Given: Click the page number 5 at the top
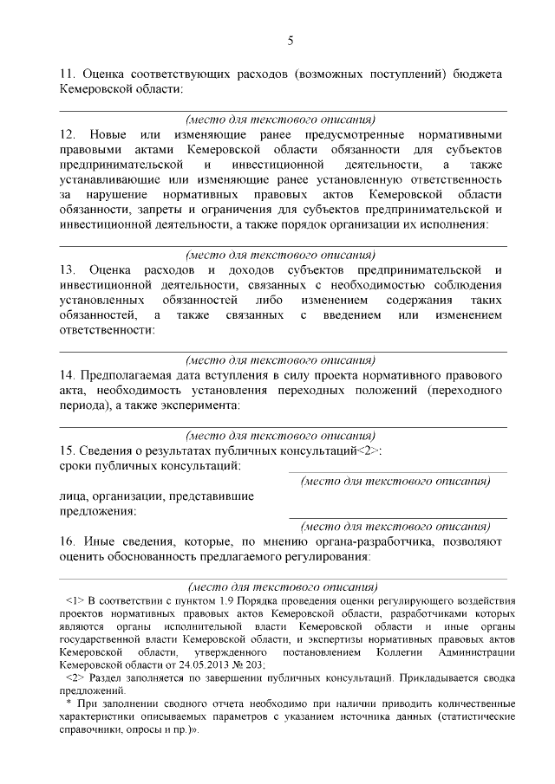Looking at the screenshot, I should tap(291, 40).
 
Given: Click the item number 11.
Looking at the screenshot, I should tap(66, 75).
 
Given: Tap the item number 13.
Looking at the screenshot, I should tap(66, 269).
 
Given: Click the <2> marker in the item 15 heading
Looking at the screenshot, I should tap(369, 451).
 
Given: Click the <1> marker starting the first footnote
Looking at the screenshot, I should tap(74, 600).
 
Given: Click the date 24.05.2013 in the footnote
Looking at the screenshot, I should tap(161, 661).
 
